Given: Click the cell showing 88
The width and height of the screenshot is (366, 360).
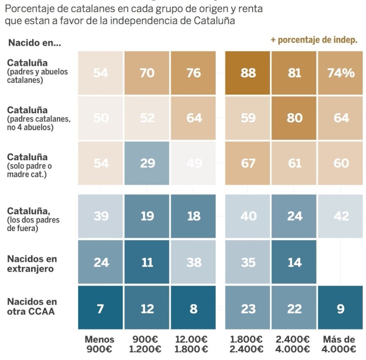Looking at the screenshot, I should click(248, 73).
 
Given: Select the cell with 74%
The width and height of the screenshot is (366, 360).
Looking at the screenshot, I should click(341, 73).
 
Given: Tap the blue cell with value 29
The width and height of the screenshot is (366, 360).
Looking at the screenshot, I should click(147, 163).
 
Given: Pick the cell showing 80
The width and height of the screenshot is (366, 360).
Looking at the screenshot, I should click(294, 118).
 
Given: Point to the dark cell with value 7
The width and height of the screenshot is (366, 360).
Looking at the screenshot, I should click(101, 308).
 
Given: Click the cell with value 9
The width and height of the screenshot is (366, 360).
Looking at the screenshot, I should click(341, 308).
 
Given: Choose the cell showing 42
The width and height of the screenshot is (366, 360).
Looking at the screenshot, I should click(341, 216).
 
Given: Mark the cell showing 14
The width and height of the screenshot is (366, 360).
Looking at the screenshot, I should click(294, 262).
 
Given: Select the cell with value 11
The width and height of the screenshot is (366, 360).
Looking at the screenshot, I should click(147, 262).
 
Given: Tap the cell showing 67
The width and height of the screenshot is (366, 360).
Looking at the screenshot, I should click(248, 163).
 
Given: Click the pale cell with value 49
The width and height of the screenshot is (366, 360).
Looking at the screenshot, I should click(194, 163).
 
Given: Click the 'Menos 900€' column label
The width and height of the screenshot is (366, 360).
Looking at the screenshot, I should click(100, 344).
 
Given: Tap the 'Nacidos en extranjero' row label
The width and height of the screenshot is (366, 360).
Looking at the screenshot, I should click(32, 263).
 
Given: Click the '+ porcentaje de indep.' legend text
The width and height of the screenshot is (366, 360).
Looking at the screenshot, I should click(314, 40).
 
